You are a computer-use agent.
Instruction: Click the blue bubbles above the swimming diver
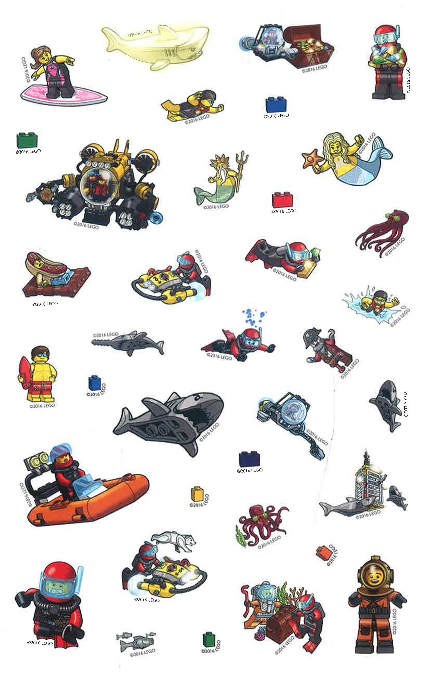pos(253,317)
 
